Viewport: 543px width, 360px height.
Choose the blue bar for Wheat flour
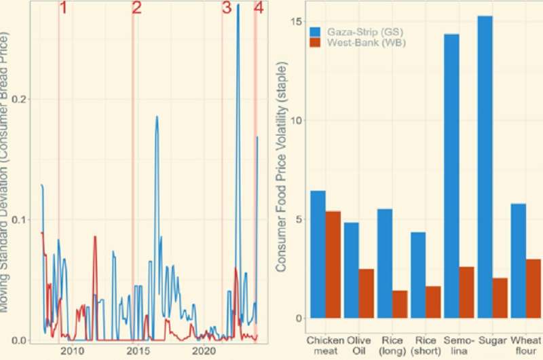pyautogui.click(x=519, y=261)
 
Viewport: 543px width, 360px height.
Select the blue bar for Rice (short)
pyautogui.click(x=419, y=275)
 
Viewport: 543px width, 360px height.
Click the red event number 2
pyautogui.click(x=136, y=9)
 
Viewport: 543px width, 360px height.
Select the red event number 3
pyautogui.click(x=226, y=9)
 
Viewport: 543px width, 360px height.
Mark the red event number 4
pyautogui.click(x=257, y=9)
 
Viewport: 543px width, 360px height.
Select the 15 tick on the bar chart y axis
pyautogui.click(x=294, y=21)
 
